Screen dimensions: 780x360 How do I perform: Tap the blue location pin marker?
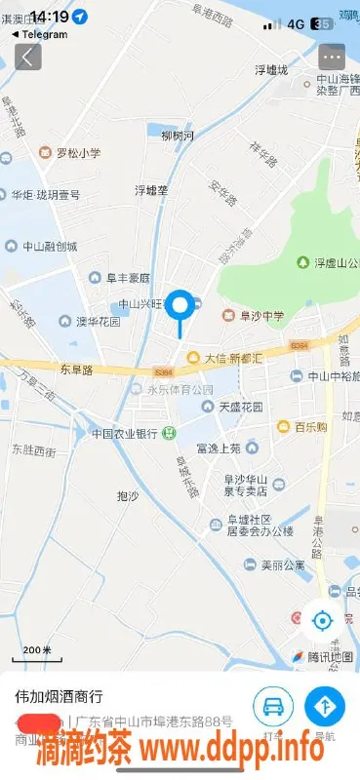point(180,307)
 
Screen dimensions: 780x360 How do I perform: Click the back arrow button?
point(28,57)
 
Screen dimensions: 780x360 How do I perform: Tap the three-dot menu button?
point(332,57)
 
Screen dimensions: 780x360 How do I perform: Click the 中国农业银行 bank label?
point(125,433)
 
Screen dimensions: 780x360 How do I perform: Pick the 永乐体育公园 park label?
point(180,390)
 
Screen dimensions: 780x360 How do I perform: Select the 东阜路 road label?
point(75,370)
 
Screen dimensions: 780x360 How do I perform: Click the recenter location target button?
point(323,620)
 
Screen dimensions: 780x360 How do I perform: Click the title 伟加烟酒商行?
point(59,697)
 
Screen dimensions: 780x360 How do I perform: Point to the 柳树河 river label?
point(178,135)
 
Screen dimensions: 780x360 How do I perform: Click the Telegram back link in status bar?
point(41,35)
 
